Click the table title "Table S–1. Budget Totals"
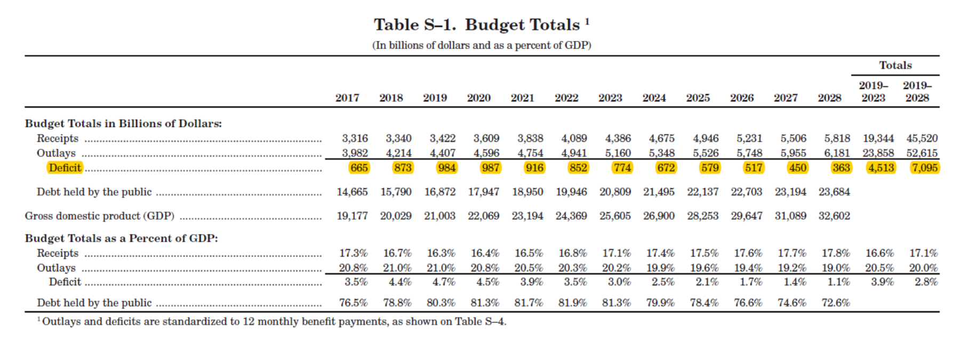477,25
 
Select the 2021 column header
522,98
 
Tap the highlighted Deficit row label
65,167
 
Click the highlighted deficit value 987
490,167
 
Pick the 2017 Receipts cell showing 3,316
355,138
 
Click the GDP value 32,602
834,216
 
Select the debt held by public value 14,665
352,192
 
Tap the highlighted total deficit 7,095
924,167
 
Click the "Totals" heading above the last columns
895,65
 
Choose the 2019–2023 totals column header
873,91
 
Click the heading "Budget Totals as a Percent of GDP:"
122,238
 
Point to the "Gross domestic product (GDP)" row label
100,216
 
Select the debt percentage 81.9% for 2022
572,303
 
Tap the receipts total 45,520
922,138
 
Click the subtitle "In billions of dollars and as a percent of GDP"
482,45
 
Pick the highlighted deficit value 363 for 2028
841,167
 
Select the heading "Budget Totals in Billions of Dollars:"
123,124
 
